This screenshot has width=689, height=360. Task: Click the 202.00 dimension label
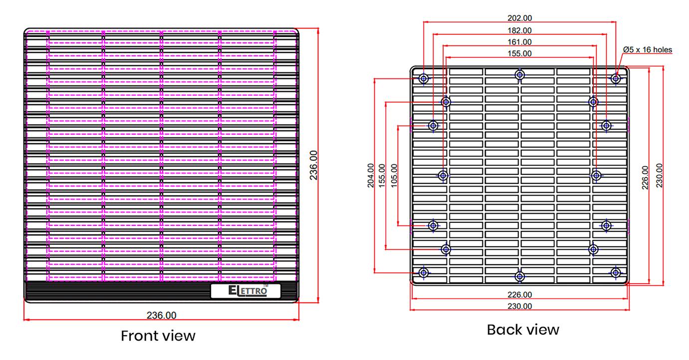click(519, 18)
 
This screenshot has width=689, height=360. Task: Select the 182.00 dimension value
click(519, 30)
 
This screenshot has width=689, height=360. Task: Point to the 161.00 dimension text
click(519, 42)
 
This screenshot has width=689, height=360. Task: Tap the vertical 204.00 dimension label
click(371, 176)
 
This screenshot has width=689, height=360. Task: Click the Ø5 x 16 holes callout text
click(648, 49)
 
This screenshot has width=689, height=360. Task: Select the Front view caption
click(158, 336)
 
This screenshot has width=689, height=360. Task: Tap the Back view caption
click(523, 330)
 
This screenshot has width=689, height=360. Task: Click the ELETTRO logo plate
click(245, 291)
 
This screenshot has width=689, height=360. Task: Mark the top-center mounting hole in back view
click(520, 75)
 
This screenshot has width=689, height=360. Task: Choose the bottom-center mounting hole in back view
click(520, 276)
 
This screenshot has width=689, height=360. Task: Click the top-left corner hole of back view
click(424, 78)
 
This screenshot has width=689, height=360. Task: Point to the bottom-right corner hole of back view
click(616, 272)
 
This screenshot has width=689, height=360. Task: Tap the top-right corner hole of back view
click(616, 78)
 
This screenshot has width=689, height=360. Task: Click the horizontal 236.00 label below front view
click(161, 315)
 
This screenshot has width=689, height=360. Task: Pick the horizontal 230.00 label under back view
click(519, 306)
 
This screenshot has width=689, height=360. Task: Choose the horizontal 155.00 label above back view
click(519, 53)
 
